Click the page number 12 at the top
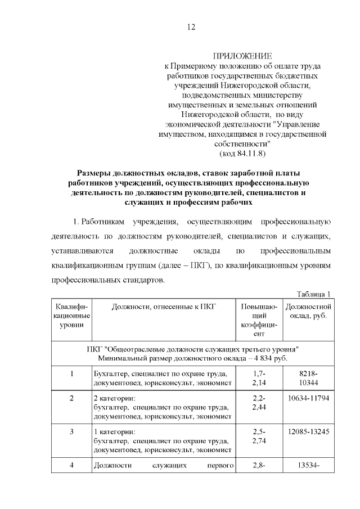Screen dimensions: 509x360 [x=191, y=27]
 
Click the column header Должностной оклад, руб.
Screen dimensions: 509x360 [x=308, y=310]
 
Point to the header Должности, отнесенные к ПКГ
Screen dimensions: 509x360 [x=164, y=307]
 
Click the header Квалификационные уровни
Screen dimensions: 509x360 [x=71, y=316]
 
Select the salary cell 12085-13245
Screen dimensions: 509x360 [x=308, y=431]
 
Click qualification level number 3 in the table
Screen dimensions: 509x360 [x=71, y=431]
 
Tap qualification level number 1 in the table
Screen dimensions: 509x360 [x=71, y=374]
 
